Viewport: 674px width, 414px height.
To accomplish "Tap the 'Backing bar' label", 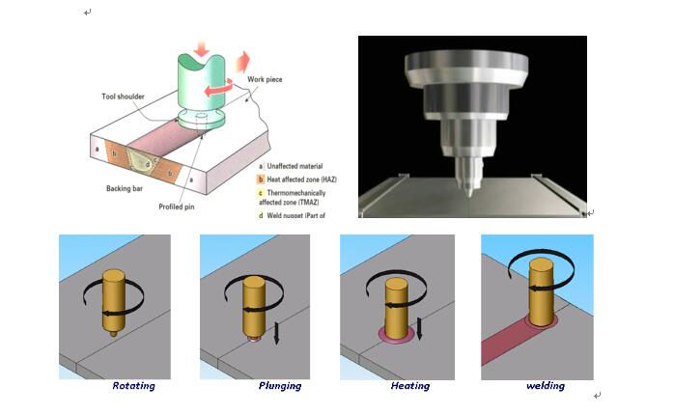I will click(x=126, y=188).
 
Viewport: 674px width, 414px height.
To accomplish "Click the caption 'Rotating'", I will click(x=133, y=386).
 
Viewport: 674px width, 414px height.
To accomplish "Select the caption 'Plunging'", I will click(x=279, y=386).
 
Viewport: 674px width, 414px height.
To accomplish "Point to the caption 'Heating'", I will click(x=410, y=386).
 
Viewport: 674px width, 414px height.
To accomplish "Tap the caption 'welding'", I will click(x=546, y=386).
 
